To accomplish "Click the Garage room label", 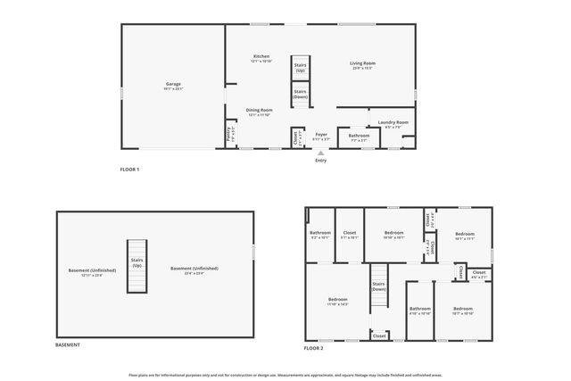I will (173, 86).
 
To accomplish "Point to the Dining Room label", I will (259, 112).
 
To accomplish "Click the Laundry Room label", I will (393, 123).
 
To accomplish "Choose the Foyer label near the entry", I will (321, 136).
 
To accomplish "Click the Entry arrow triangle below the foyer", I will (321, 153).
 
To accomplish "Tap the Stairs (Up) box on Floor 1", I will (300, 68).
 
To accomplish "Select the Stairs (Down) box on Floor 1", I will (300, 94).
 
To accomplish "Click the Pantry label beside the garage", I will (230, 136).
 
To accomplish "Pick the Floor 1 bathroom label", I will (359, 137).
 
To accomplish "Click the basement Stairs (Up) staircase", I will (137, 266).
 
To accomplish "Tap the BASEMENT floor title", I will (68, 345).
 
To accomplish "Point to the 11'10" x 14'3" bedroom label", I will (337, 301).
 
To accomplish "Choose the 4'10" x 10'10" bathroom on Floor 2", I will (419, 311).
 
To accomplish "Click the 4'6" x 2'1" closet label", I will (479, 274).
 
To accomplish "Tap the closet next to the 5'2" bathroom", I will (350, 235).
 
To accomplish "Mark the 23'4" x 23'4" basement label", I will (194, 270).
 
